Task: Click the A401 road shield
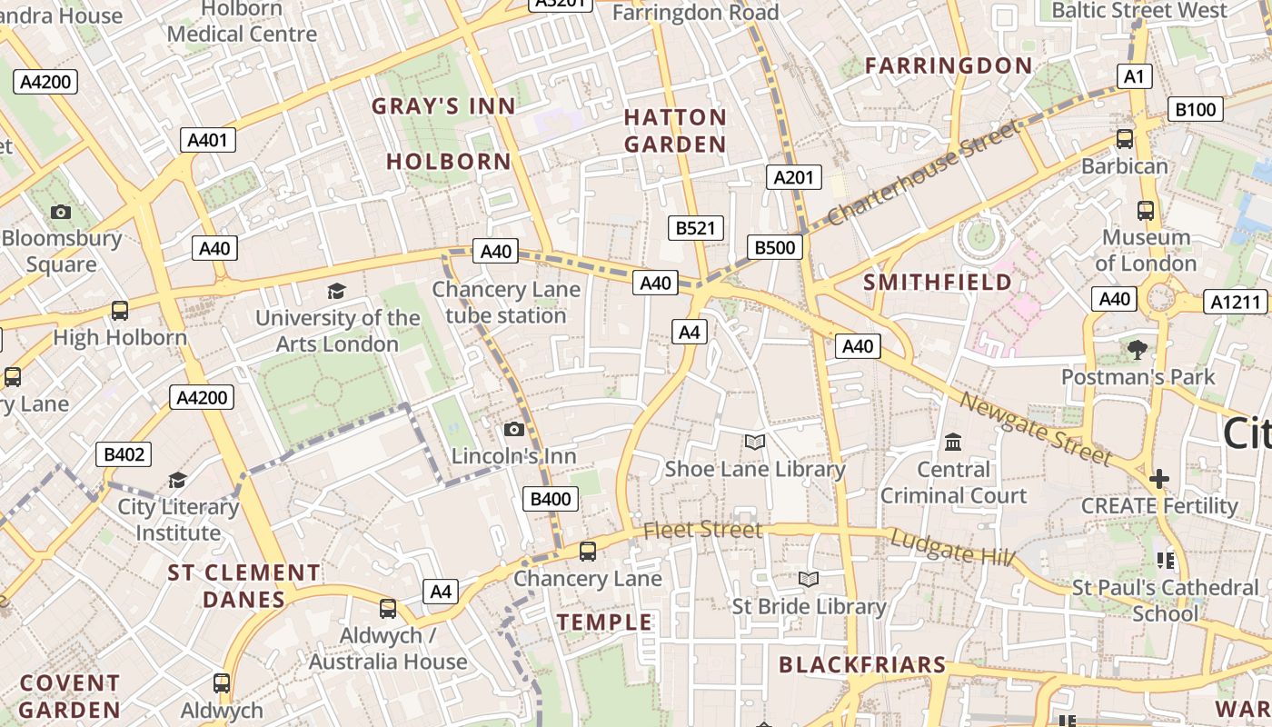coord(208,140)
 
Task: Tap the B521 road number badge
coord(695,228)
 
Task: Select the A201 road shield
coord(793,177)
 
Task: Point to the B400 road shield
coord(550,498)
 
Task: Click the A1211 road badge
coord(1236,302)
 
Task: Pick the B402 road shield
coord(124,454)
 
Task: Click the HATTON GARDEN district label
coord(675,131)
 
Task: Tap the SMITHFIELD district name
coord(938,283)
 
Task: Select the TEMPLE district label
coord(604,622)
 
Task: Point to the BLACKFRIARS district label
coord(862,665)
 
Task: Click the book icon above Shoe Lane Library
coord(754,443)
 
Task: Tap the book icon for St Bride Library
coord(808,579)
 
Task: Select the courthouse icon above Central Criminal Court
coord(953,443)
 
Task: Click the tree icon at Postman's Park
coord(1137,350)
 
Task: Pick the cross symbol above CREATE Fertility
coord(1159,479)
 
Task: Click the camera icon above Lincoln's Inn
coord(514,429)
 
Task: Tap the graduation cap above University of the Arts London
coord(337,292)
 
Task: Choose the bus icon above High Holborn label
coord(120,311)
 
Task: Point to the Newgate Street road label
coord(1035,428)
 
